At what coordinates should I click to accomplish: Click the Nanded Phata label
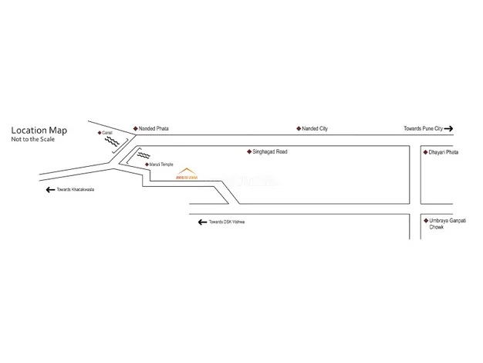coord(154,128)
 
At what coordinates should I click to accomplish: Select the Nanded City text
coord(316,128)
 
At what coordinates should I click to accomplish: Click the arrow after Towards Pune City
coord(448,128)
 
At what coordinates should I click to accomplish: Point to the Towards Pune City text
coord(423,128)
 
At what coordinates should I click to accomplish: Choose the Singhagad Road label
coord(269,152)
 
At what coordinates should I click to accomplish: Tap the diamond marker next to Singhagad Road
coord(248,152)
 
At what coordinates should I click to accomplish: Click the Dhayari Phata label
coord(443,153)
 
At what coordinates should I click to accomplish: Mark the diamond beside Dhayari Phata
coord(424,153)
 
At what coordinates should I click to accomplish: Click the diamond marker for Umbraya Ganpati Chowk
coord(424,221)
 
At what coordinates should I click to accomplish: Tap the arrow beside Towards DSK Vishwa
coord(202,222)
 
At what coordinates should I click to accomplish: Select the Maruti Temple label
coord(162,165)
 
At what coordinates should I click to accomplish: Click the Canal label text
coord(107,133)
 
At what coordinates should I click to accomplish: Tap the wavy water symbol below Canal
coord(111,142)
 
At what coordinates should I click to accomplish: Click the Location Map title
coord(39,131)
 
